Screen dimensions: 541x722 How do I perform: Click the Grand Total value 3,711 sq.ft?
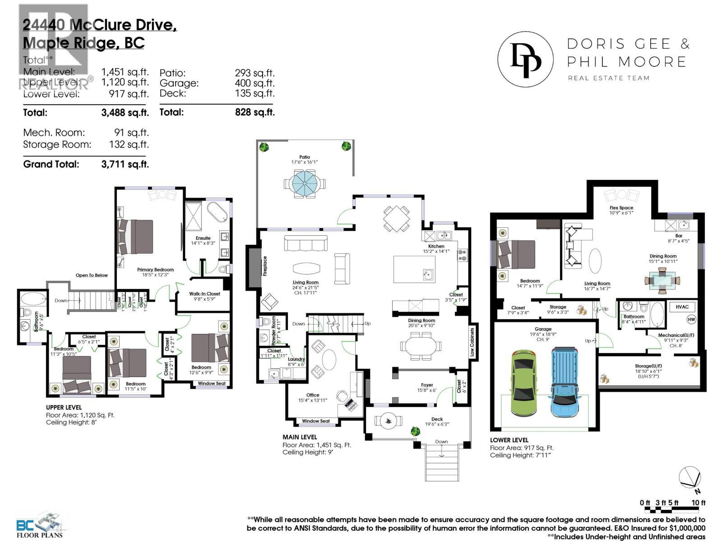[x=125, y=164]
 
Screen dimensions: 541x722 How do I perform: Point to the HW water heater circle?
[x=691, y=320]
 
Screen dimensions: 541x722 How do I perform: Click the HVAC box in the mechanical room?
[x=682, y=307]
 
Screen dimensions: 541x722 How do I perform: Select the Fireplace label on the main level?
[x=265, y=266]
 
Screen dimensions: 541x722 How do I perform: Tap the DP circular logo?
[x=525, y=59]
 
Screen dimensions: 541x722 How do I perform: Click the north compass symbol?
[x=690, y=478]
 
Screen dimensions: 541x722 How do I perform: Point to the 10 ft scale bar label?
[x=698, y=503]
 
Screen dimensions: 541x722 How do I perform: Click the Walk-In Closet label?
[x=204, y=293]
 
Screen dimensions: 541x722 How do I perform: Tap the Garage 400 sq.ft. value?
[x=255, y=83]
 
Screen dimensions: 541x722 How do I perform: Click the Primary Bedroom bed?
[x=135, y=237]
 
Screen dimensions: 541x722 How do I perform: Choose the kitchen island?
[x=414, y=269]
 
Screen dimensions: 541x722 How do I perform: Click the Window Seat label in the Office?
[x=315, y=421]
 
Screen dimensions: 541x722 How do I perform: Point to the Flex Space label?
[x=621, y=208]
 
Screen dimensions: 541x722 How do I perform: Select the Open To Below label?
[x=92, y=275]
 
